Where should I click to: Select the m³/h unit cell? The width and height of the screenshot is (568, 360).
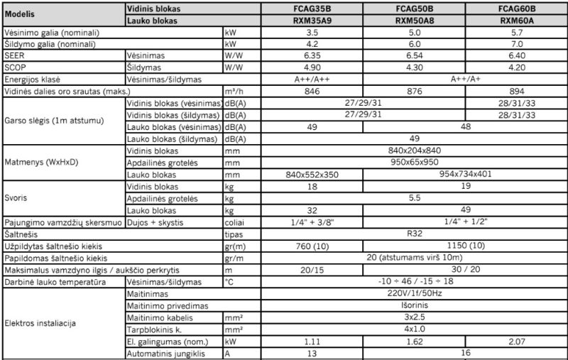(232, 92)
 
